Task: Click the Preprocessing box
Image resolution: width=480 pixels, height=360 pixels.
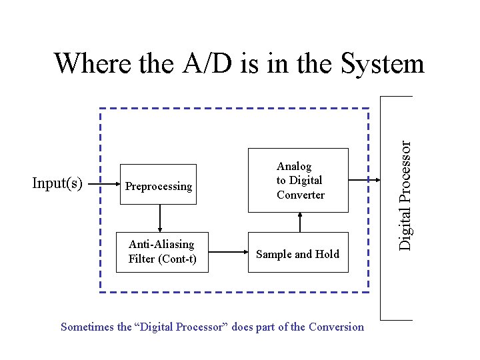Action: tap(158, 184)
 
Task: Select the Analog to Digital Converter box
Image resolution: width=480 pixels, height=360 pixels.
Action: tap(299, 180)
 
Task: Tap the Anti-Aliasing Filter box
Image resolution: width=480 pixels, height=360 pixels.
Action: tap(162, 252)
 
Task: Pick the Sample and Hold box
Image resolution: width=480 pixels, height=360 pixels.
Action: tap(298, 254)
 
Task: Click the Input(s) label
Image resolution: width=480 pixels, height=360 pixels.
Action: tap(57, 183)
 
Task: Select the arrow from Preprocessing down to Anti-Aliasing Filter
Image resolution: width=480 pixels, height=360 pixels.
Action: tap(160, 217)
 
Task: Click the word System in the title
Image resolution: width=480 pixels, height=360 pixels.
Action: tap(382, 64)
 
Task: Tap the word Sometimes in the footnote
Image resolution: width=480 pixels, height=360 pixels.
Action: tap(87, 327)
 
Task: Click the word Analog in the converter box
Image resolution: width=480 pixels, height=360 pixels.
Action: tap(294, 166)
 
